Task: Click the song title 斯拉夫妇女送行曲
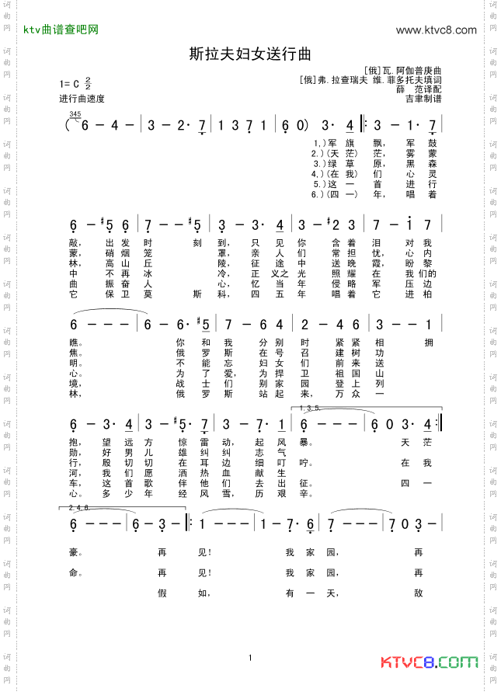point(250,54)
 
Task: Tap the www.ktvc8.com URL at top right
point(436,30)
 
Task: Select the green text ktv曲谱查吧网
point(61,30)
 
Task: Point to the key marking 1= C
point(70,84)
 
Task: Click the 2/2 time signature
point(89,83)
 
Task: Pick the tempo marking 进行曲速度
point(82,99)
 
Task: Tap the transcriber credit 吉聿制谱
point(423,99)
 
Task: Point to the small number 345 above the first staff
point(75,114)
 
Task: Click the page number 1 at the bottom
point(251,658)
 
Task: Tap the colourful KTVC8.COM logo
point(430,662)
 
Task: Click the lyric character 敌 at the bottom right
point(418,593)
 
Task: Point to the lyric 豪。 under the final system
point(75,553)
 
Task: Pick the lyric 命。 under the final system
point(75,573)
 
